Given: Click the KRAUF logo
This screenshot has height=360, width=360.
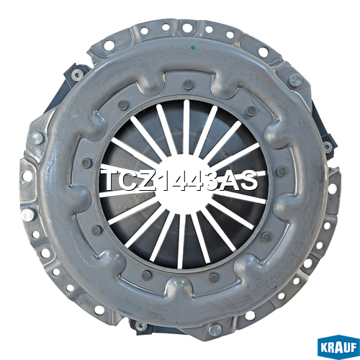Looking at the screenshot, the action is pos(338,346).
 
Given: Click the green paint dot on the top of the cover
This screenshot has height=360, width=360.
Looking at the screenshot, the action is pos(194,48).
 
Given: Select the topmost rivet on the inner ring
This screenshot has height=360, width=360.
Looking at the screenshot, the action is pos(188,85).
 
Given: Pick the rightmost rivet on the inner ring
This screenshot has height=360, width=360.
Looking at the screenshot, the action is pos(282,171).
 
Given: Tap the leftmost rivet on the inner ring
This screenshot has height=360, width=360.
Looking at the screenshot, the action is pos(87,163).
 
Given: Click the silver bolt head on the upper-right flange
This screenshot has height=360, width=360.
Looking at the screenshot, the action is pos(295,80).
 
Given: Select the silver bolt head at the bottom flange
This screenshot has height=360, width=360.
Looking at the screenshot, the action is pos(215,330).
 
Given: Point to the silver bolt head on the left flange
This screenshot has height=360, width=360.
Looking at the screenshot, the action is pos(37,138).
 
